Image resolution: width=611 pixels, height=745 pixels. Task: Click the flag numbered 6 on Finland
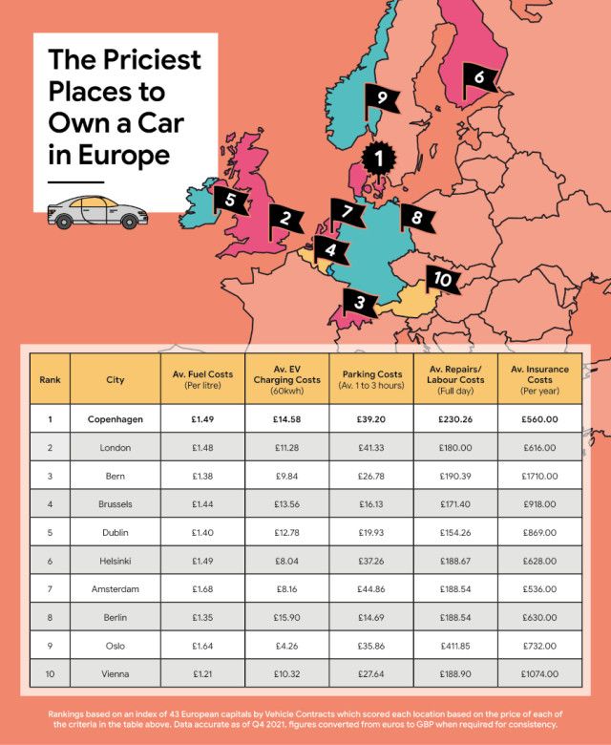(480, 77)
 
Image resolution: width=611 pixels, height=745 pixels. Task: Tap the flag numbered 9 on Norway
(381, 97)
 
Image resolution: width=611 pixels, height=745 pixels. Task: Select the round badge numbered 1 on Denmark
(379, 159)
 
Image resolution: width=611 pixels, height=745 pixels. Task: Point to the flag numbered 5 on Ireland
(231, 200)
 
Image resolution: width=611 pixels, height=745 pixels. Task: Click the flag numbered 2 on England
(285, 219)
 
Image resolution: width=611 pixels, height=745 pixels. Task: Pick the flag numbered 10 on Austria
(441, 279)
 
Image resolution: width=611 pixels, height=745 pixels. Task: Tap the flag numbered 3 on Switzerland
(360, 304)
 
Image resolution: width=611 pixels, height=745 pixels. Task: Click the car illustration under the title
(97, 211)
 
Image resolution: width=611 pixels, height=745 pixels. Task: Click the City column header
(116, 379)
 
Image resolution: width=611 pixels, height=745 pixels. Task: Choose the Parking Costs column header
(371, 379)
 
